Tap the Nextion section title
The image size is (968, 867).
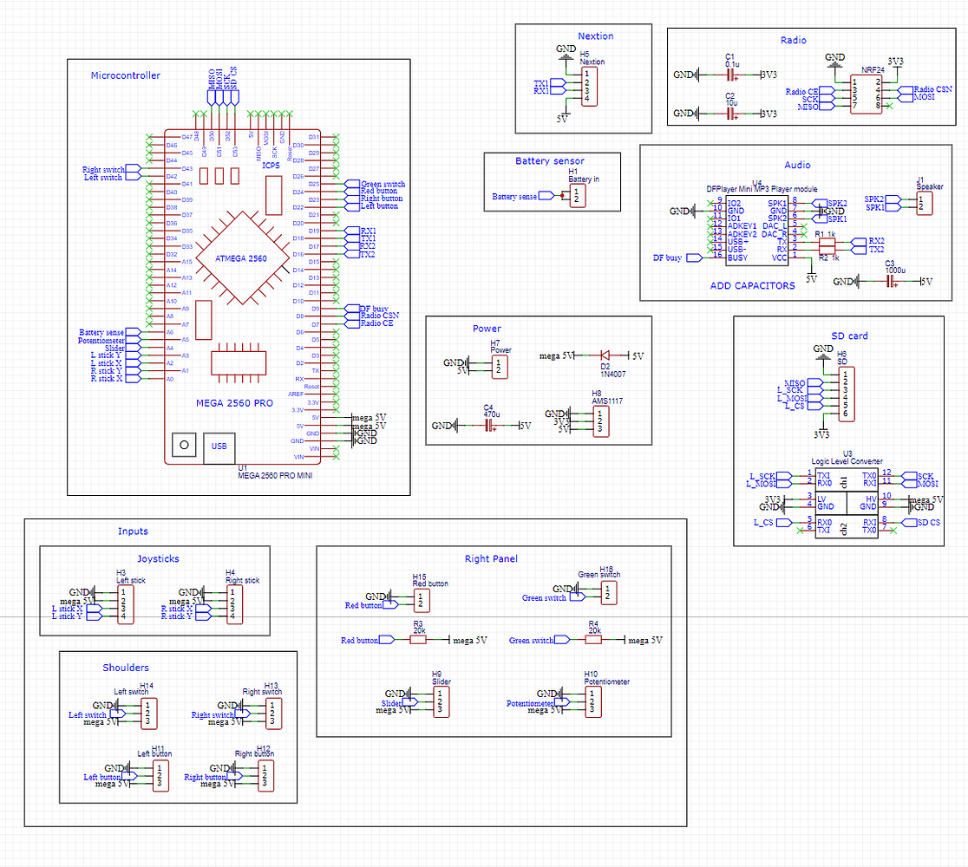point(595,36)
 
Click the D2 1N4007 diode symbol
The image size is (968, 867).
point(605,355)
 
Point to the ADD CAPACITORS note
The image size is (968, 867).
point(753,285)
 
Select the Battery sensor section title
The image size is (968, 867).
point(549,161)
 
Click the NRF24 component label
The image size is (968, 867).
point(873,69)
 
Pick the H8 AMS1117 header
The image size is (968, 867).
point(598,422)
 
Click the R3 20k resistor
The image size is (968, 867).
point(419,640)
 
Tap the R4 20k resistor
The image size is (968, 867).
point(594,640)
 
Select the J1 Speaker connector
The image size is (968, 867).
point(924,203)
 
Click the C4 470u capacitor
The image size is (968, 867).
point(488,426)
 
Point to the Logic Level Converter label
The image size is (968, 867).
point(846,462)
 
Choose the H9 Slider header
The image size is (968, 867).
point(441,701)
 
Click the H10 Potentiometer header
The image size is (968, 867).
point(592,701)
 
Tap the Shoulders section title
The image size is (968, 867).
point(125,668)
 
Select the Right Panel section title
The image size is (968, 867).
point(490,559)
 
